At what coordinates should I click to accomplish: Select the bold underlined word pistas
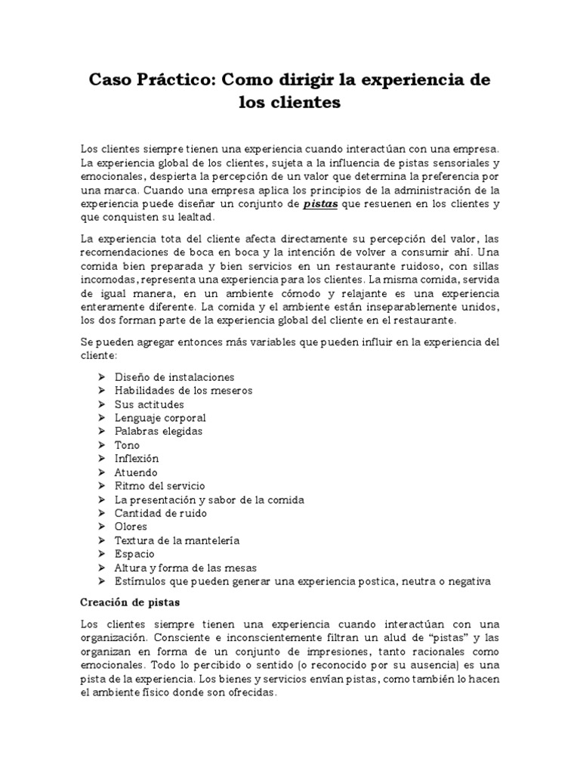click(x=320, y=204)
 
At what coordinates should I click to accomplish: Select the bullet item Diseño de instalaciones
click(x=174, y=376)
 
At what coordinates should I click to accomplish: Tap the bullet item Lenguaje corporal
click(x=160, y=417)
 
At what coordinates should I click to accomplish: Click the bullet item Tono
click(x=127, y=444)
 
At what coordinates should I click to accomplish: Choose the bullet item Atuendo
click(x=136, y=472)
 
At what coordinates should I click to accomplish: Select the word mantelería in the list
click(x=212, y=540)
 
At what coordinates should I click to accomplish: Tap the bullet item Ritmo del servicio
click(x=159, y=485)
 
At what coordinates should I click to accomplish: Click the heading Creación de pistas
click(x=129, y=602)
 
